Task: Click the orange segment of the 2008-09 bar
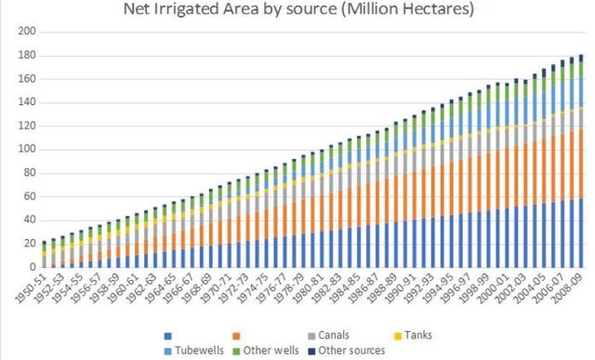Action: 579,163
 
